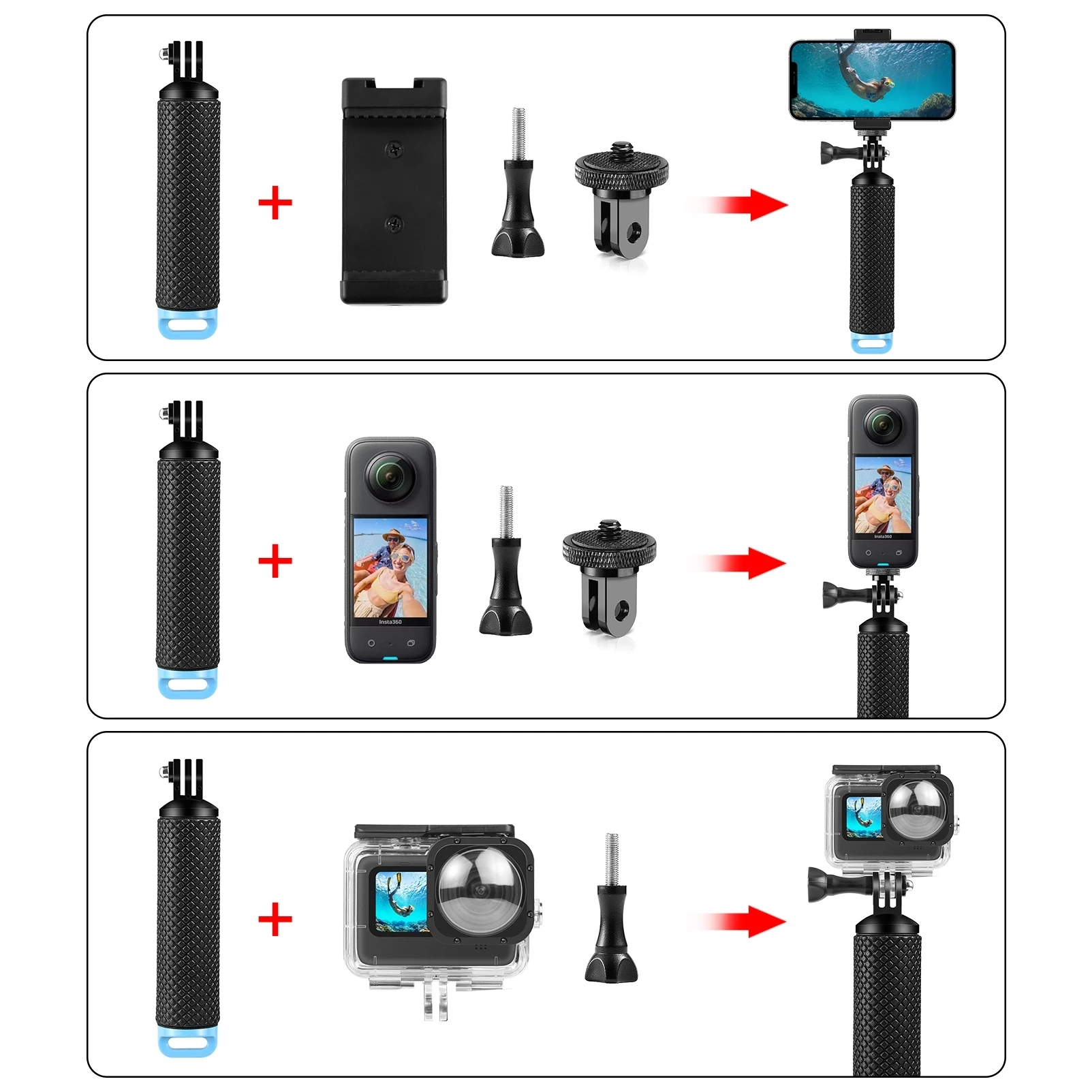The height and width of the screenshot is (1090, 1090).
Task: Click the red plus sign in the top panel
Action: [x=275, y=203]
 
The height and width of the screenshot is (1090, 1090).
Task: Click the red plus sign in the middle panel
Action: [x=275, y=561]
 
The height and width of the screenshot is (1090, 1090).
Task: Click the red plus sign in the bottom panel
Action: [x=275, y=920]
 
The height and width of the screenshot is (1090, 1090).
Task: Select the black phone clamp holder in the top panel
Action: [x=394, y=191]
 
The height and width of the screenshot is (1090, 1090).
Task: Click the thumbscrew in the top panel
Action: [x=518, y=204]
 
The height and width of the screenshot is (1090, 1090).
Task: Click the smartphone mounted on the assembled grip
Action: [x=872, y=80]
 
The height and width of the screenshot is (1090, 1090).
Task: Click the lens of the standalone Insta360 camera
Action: [x=390, y=477]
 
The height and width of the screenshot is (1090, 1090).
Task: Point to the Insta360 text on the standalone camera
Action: [x=390, y=621]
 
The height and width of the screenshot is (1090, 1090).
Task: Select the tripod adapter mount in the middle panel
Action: [x=609, y=576]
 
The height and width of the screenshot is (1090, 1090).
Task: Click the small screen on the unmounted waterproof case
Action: [x=401, y=902]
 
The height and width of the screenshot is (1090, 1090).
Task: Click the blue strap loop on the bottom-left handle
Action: [x=188, y=1042]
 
